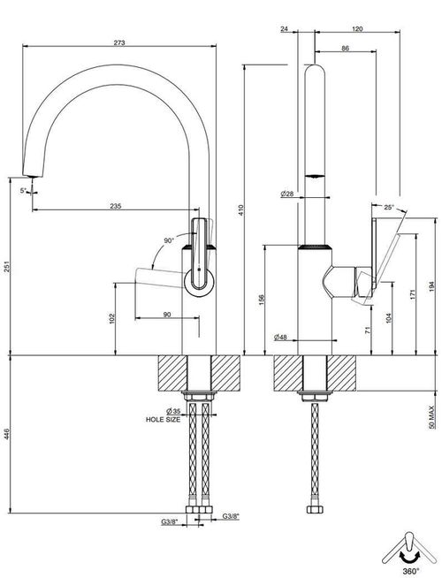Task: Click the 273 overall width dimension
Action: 119,42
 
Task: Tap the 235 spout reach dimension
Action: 116,206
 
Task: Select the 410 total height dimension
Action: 241,210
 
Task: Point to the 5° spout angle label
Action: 23,191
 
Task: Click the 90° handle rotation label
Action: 169,240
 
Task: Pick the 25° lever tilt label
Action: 389,207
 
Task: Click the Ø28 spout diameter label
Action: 286,194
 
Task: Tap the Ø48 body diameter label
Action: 280,337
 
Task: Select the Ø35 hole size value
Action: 173,411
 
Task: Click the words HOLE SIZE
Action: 163,419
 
